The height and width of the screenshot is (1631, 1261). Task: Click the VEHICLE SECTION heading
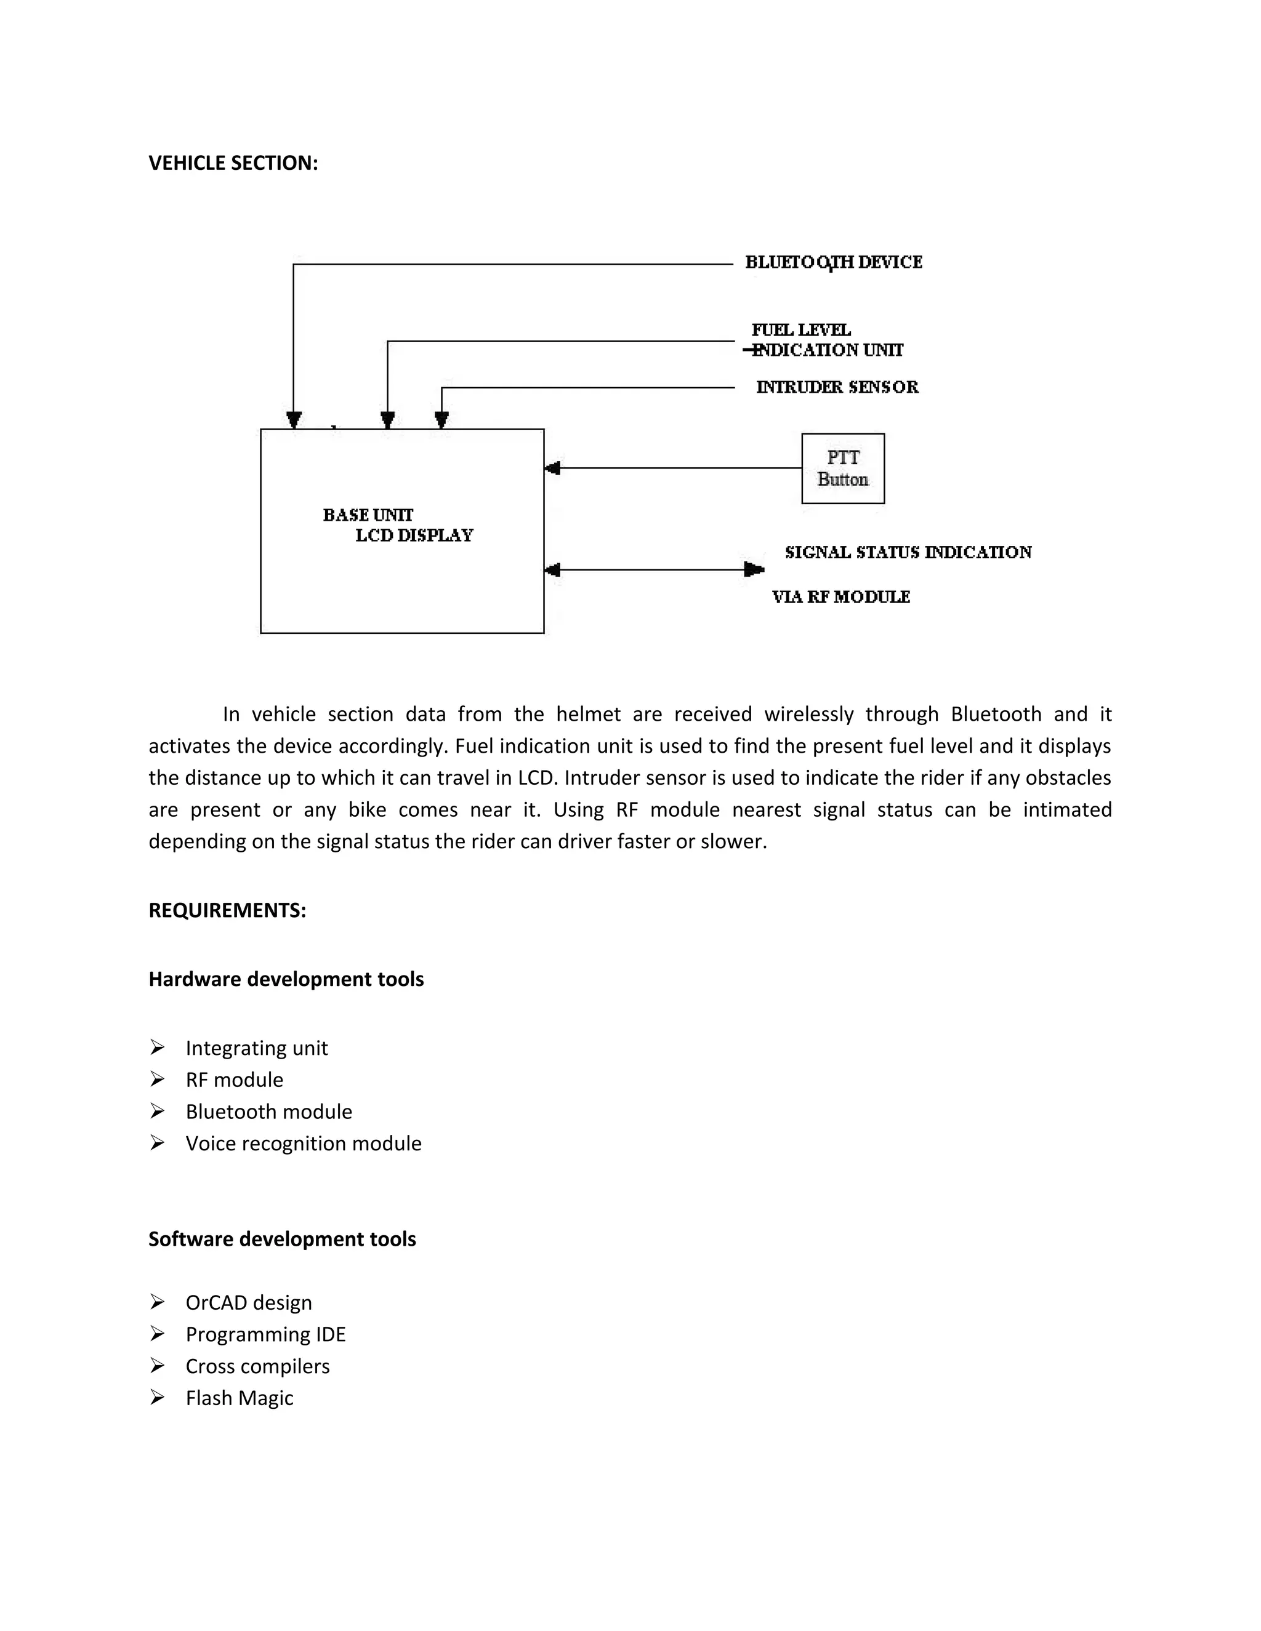pyautogui.click(x=233, y=163)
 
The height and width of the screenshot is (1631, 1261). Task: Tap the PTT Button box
pyautogui.click(x=843, y=468)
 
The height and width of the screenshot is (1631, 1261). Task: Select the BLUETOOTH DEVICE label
pyautogui.click(x=833, y=262)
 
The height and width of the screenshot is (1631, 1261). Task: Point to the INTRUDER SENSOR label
pyautogui.click(x=837, y=387)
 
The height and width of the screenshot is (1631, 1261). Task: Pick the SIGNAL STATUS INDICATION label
pyautogui.click(x=908, y=552)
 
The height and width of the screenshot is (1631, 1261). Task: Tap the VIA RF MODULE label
pyautogui.click(x=840, y=596)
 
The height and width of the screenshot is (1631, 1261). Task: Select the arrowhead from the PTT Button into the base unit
pyautogui.click(x=553, y=468)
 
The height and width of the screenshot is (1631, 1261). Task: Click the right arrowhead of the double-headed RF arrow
pyautogui.click(x=754, y=570)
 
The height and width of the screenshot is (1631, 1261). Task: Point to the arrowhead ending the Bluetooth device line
pyautogui.click(x=294, y=419)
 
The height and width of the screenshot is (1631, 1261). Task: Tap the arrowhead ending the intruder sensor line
pyautogui.click(x=441, y=419)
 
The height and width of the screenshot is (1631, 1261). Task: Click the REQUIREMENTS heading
pyautogui.click(x=227, y=910)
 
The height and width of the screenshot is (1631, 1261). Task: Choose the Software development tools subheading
pyautogui.click(x=281, y=1239)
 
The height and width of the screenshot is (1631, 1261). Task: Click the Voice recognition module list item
pyautogui.click(x=304, y=1144)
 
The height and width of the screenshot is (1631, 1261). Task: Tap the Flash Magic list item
pyautogui.click(x=239, y=1398)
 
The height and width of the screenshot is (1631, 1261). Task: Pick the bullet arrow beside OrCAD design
pyautogui.click(x=157, y=1302)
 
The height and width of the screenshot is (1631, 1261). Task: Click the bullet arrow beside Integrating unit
pyautogui.click(x=157, y=1048)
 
